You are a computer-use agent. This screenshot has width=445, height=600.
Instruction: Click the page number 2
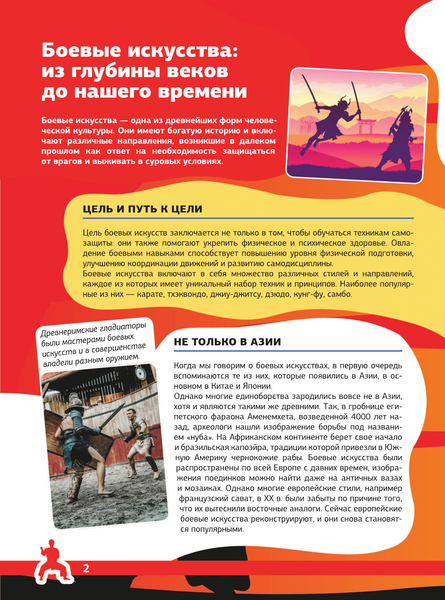coord(87,569)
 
